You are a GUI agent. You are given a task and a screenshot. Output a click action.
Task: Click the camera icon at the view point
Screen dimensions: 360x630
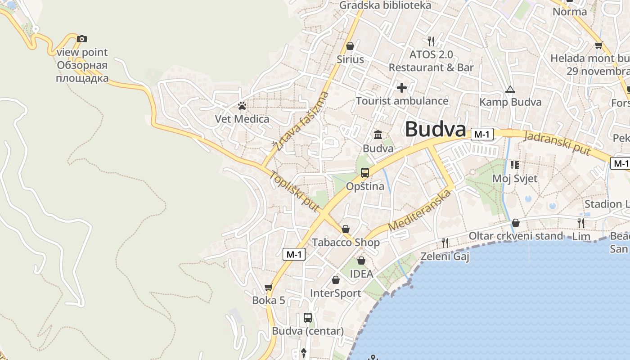pos(81,39)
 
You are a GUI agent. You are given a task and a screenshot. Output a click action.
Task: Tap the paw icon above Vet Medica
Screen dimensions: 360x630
pos(242,106)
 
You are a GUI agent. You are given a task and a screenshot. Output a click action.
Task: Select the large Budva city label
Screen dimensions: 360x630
pos(435,129)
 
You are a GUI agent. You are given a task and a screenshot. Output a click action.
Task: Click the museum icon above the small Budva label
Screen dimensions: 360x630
pos(378,135)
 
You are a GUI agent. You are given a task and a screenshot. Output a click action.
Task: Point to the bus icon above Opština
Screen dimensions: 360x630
pos(365,172)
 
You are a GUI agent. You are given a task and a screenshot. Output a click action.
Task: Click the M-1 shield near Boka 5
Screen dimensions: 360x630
pos(294,254)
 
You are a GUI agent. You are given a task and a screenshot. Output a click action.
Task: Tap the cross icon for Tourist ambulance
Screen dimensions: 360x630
pos(402,87)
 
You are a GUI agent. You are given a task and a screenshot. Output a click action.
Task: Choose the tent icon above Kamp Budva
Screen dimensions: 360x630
pos(510,89)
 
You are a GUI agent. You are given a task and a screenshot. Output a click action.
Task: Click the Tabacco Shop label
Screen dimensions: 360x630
pos(346,243)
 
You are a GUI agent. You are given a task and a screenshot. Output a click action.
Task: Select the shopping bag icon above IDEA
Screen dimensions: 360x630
pos(361,261)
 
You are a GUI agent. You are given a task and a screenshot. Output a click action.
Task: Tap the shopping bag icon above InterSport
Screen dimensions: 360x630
pos(336,280)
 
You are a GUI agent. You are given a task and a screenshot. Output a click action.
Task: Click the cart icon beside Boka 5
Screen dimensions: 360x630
pos(269,287)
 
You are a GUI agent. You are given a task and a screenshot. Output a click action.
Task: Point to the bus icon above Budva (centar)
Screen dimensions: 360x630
pos(308,318)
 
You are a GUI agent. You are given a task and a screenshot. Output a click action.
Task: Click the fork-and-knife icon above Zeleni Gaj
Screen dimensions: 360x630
pos(445,243)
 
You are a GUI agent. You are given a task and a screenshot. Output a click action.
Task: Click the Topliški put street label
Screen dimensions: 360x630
pos(295,191)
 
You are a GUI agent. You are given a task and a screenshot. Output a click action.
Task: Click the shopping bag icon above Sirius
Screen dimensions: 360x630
pos(350,46)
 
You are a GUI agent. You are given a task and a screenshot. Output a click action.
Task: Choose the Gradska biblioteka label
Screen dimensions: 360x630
pos(385,5)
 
